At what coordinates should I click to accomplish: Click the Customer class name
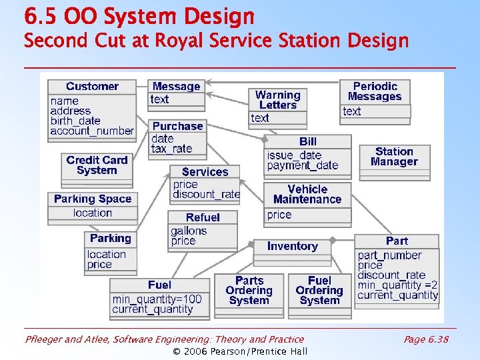pos(92,87)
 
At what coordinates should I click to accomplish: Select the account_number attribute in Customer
pos(92,131)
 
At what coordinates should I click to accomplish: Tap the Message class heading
pos(176,87)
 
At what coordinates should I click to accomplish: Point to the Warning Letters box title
pos(277,100)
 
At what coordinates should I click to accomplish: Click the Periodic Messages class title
pos(375,91)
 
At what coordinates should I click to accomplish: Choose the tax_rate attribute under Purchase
pos(171,149)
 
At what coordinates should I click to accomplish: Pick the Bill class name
pos(308,141)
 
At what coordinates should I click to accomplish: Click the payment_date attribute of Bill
pos(303,165)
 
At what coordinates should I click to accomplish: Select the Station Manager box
pos(394,157)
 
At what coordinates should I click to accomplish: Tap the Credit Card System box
pos(97,165)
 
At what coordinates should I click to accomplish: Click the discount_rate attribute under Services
pos(206,195)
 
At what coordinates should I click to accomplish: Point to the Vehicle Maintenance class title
pos(307,194)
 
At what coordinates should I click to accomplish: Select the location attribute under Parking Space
pos(93,213)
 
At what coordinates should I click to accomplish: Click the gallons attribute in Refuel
pos(189,231)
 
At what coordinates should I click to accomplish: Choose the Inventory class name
pos(292,246)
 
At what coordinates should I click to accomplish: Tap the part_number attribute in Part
pos(390,255)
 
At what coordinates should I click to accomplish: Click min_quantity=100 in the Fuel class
pos(157,299)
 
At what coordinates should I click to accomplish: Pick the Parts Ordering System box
pos(249,291)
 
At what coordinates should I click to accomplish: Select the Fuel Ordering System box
pos(319,291)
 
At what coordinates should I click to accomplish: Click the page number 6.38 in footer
pos(426,339)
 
